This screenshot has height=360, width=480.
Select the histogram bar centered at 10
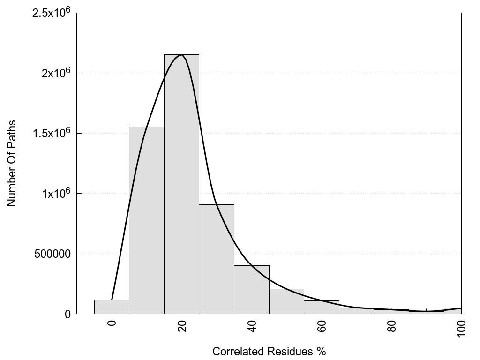click(146, 220)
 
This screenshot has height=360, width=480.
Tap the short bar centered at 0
click(112, 307)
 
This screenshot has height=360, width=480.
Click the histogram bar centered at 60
click(321, 307)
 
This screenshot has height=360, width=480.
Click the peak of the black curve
click(181, 55)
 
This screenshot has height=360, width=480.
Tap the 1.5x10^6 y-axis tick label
click(51, 133)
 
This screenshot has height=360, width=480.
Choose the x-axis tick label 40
click(252, 326)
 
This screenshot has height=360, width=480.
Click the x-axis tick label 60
click(322, 326)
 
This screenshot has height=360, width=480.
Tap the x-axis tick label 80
click(391, 326)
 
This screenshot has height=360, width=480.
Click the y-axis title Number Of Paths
click(12, 163)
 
